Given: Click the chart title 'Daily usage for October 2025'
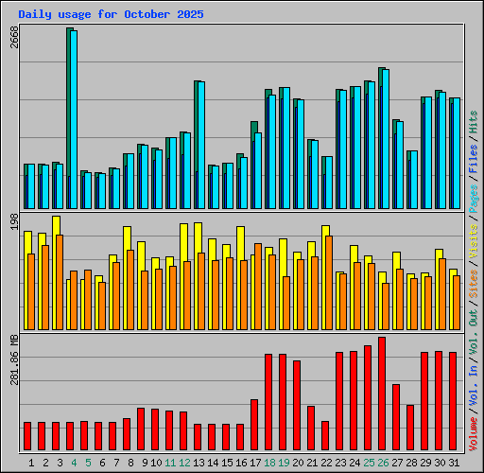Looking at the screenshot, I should coord(111,14).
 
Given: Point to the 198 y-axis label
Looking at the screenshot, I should coord(13,221).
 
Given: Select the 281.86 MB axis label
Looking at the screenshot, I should coord(13,359).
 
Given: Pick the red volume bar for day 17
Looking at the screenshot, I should coord(254,425).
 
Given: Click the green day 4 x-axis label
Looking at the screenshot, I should coord(73,463).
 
